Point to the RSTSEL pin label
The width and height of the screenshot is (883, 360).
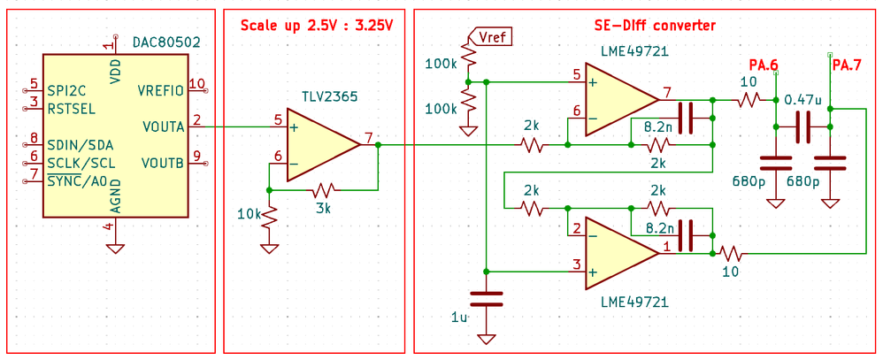tap(72, 109)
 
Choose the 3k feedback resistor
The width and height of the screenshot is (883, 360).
tap(323, 189)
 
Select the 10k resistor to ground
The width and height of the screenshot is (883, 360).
tap(268, 215)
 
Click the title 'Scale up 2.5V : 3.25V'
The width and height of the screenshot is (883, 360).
tap(316, 24)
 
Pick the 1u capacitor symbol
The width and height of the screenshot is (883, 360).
tap(486, 300)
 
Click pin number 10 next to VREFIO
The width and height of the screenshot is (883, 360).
tap(196, 84)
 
